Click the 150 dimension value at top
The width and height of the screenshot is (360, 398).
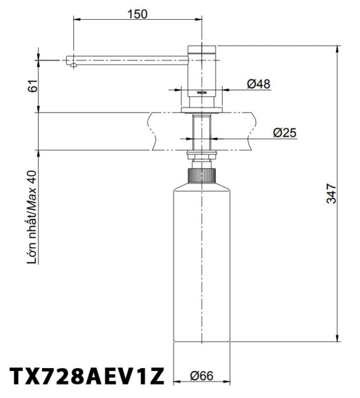coord(137,14)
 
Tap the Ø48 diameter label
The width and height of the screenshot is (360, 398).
coord(259,85)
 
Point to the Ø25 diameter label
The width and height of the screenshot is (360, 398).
coord(284,132)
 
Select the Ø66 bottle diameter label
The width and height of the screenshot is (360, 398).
coord(202,376)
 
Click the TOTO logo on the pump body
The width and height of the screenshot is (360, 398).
coord(202,94)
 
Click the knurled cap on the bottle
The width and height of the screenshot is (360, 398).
coord(202,175)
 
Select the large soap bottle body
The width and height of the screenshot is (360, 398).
coord(202,264)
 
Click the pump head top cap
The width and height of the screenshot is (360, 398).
coord(202,49)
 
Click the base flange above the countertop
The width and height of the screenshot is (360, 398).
coord(202,109)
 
